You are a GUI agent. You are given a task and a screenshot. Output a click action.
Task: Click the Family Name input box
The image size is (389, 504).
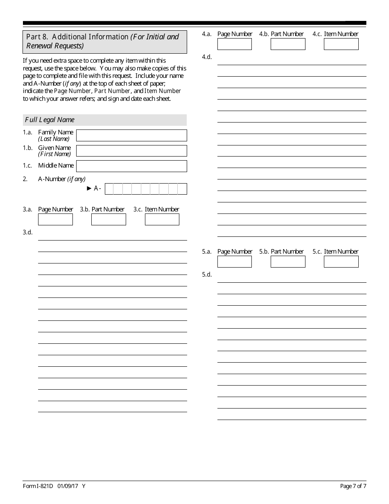click(131, 135)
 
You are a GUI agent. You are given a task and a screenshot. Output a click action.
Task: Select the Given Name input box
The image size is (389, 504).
click(131, 151)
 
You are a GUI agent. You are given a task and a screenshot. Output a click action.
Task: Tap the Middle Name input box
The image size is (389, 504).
click(131, 166)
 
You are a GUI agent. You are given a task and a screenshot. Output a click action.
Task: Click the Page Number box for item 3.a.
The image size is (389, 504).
click(55, 220)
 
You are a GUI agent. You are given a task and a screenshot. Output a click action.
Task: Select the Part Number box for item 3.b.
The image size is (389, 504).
click(109, 220)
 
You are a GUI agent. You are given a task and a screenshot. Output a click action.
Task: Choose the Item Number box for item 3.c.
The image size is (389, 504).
click(162, 220)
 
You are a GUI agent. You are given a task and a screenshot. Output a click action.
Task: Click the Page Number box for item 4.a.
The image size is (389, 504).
click(235, 44)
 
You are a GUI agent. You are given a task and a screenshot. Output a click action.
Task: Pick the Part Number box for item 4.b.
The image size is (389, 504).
click(288, 44)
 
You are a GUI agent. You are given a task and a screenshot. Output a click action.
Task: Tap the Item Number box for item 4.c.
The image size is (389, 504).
click(341, 44)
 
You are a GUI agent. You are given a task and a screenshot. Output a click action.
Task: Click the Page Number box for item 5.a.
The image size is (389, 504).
click(235, 262)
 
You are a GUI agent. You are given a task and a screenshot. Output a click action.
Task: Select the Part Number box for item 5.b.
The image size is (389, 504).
click(288, 262)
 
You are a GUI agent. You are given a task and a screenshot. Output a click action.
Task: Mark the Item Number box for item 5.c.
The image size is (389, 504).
click(341, 262)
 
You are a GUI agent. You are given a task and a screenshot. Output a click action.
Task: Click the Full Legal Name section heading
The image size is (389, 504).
click(50, 120)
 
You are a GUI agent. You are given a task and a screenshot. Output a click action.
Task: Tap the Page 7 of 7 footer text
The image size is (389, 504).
click(353, 486)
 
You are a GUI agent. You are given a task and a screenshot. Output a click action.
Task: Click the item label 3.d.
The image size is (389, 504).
click(27, 232)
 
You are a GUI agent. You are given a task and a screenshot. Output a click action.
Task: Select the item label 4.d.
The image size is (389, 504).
click(207, 57)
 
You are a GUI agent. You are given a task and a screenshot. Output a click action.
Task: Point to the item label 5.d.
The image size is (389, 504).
click(207, 275)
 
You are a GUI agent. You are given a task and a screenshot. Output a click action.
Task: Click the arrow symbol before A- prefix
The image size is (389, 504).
click(89, 188)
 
